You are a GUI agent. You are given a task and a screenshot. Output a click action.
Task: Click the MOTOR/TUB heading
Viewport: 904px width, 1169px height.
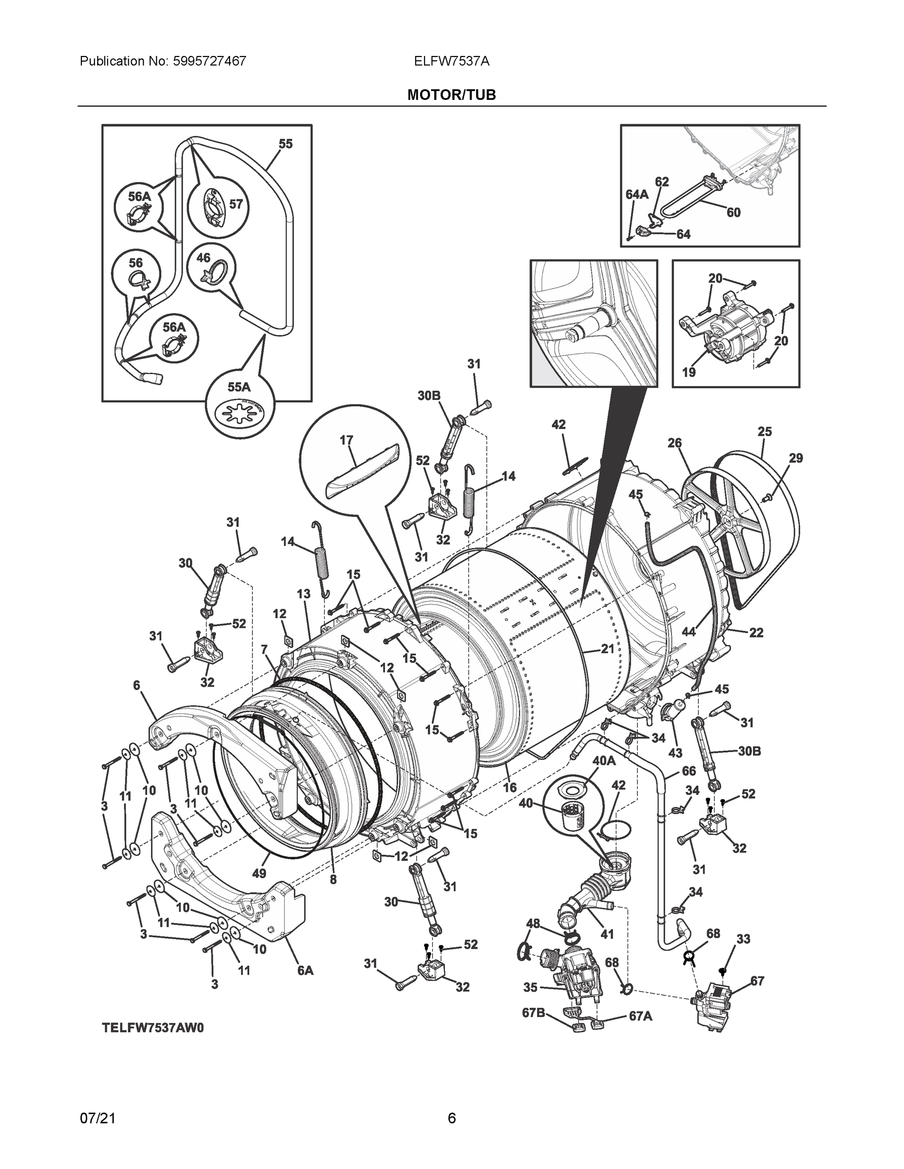(451, 95)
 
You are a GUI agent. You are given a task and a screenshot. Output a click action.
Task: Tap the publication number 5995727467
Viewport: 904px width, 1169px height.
(210, 61)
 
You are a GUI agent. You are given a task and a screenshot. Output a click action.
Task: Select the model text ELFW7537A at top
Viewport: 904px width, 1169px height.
(451, 61)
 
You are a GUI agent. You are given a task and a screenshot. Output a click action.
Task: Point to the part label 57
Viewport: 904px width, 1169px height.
(236, 204)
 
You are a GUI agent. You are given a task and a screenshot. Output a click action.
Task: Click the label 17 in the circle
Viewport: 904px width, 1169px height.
(346, 440)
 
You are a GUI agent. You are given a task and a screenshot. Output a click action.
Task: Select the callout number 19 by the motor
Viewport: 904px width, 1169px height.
(689, 372)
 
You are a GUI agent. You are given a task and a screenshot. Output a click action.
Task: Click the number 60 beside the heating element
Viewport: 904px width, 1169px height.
(733, 212)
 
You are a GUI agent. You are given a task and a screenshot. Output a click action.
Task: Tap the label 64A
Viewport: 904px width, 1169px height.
(636, 194)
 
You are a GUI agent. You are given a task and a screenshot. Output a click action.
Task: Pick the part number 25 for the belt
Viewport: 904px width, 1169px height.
(764, 431)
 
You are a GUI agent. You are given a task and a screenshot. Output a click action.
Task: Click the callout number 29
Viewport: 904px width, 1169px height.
(796, 458)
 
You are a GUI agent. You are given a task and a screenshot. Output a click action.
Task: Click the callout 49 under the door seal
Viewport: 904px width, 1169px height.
(259, 873)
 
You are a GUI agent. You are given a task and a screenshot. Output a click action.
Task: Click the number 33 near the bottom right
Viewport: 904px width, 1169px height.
(743, 939)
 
